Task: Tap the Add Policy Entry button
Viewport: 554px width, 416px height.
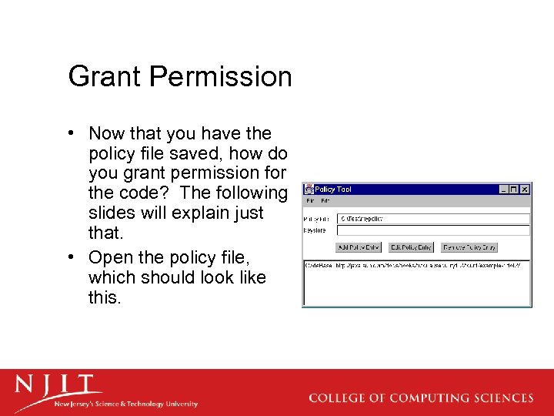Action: pos(359,247)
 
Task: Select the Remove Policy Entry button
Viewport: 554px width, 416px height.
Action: pos(469,247)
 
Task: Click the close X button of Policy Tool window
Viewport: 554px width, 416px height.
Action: pos(525,189)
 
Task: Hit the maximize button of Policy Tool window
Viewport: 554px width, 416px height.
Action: pos(514,189)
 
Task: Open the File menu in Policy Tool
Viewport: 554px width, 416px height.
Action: pos(310,200)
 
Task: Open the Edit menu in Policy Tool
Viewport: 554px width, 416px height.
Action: pos(325,200)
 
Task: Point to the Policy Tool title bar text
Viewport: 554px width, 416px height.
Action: pos(333,189)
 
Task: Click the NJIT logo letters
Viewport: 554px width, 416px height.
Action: pos(58,384)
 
